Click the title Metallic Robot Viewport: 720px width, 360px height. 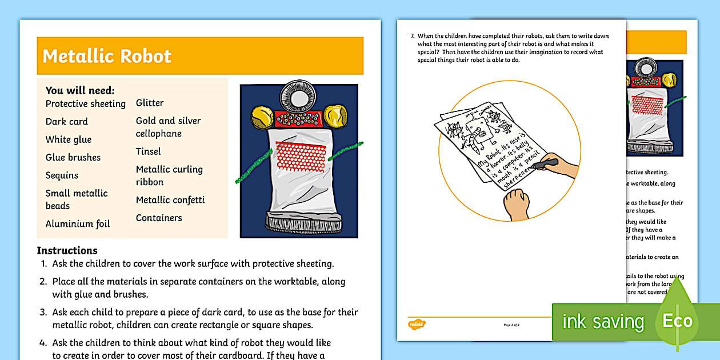107,56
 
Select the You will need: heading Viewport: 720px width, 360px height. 80,90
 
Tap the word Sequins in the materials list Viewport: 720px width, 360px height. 62,175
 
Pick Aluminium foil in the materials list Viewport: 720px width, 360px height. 78,224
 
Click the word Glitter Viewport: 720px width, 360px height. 150,103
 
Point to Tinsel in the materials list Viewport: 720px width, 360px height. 148,151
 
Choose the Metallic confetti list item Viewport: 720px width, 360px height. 170,200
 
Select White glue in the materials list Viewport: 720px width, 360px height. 69,139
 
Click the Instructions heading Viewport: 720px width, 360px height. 67,250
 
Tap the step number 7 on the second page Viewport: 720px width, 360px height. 412,36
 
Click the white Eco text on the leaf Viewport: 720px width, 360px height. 677,321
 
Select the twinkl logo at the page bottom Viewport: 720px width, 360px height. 415,325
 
